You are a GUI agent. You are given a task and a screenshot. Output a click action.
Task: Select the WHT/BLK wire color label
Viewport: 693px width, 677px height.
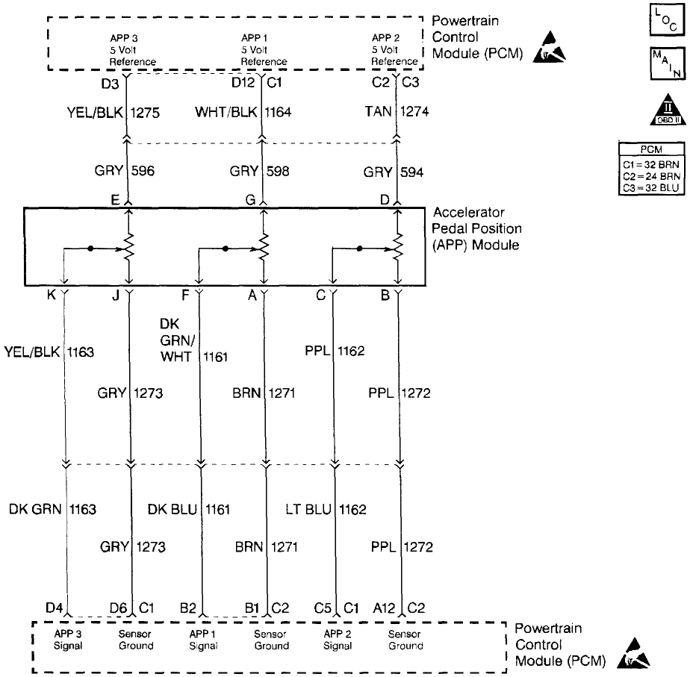pos(227,112)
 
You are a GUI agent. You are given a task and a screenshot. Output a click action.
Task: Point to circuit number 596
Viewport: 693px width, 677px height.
pos(143,171)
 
